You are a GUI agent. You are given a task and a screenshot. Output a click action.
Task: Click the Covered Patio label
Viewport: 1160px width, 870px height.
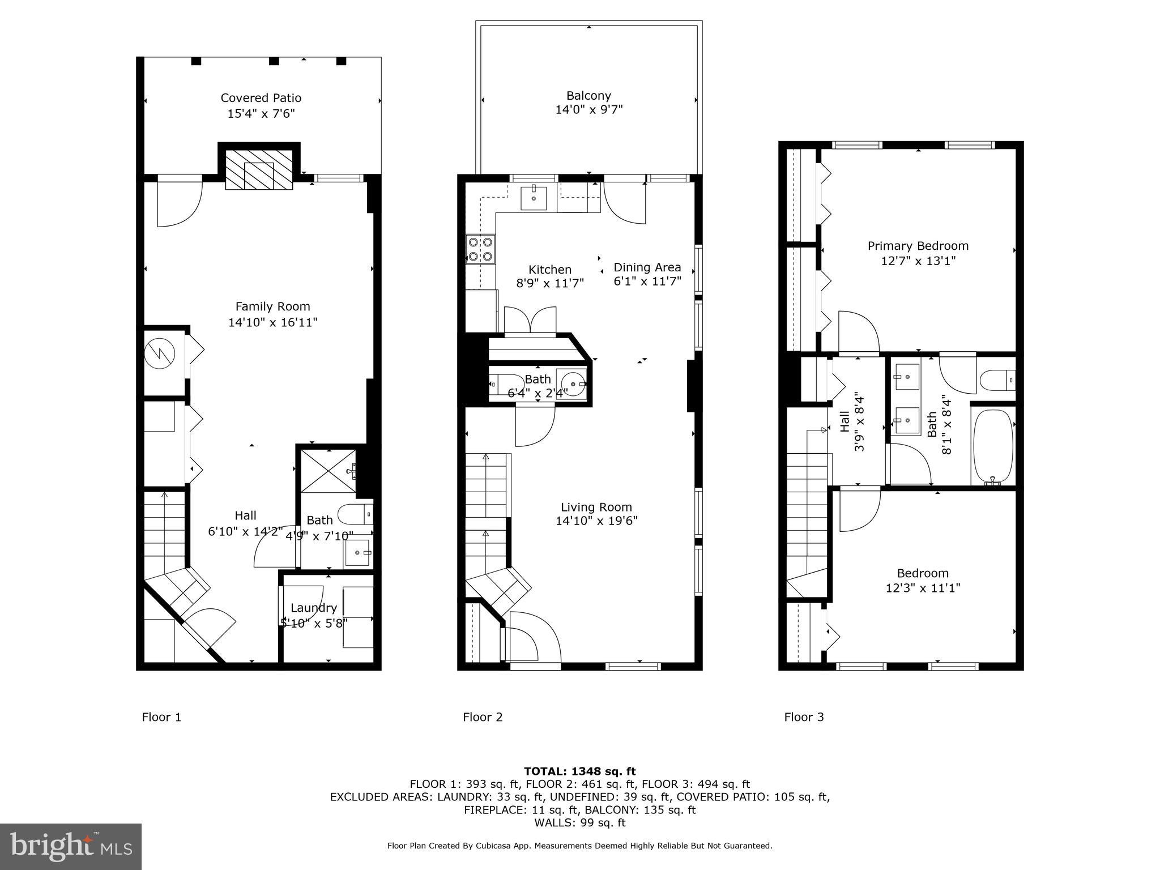click(x=261, y=98)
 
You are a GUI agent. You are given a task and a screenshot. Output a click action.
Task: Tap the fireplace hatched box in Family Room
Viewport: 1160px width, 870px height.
click(x=259, y=169)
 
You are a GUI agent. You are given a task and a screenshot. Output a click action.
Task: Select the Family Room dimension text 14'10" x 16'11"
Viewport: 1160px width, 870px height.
click(x=272, y=322)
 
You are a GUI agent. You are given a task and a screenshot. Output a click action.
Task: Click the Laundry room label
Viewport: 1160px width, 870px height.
click(x=313, y=608)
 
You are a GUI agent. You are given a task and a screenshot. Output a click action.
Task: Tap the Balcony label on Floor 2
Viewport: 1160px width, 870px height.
click(x=588, y=96)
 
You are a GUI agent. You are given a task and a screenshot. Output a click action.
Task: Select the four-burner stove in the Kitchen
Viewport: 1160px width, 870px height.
click(x=480, y=250)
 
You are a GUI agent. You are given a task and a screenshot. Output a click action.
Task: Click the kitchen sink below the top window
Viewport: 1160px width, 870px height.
click(x=533, y=198)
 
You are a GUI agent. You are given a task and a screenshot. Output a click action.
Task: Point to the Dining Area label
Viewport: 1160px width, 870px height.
click(x=647, y=267)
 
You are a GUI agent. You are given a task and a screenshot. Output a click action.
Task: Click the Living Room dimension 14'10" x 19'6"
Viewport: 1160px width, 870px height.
click(x=596, y=521)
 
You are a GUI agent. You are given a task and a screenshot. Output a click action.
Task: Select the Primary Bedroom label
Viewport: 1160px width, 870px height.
click(x=918, y=246)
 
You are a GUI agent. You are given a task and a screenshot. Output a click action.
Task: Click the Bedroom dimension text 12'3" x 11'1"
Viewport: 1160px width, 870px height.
click(x=923, y=588)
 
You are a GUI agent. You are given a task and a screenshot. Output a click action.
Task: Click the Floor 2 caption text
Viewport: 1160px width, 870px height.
click(x=483, y=717)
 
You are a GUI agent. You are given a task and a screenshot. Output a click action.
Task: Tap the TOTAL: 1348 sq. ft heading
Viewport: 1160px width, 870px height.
click(x=579, y=771)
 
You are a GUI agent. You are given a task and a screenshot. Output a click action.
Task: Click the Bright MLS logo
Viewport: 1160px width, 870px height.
click(x=71, y=846)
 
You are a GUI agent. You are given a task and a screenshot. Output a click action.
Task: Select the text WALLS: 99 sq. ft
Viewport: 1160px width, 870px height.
click(x=579, y=822)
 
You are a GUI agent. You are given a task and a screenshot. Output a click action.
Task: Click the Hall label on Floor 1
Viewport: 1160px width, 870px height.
click(x=245, y=515)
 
